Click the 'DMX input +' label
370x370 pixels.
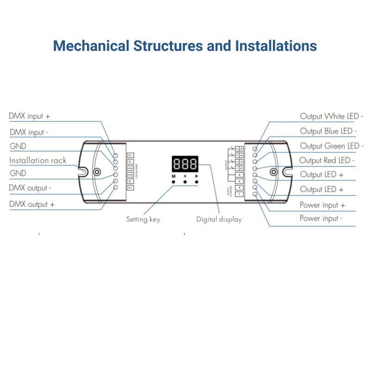click(29, 116)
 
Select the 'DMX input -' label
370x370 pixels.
click(29, 132)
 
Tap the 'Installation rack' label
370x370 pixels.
click(38, 160)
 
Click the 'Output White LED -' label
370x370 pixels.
click(332, 117)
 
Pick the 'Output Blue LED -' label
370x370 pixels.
click(328, 131)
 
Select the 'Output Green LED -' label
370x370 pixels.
click(332, 146)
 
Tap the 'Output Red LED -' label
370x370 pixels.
click(327, 160)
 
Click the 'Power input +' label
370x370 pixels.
click(322, 205)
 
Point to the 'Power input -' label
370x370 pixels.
click(321, 218)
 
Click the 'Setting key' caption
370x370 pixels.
click(143, 219)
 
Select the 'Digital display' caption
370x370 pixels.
click(219, 219)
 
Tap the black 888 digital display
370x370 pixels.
click(185, 164)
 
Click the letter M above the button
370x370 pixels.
click(173, 177)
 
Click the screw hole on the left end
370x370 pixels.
click(97, 172)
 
